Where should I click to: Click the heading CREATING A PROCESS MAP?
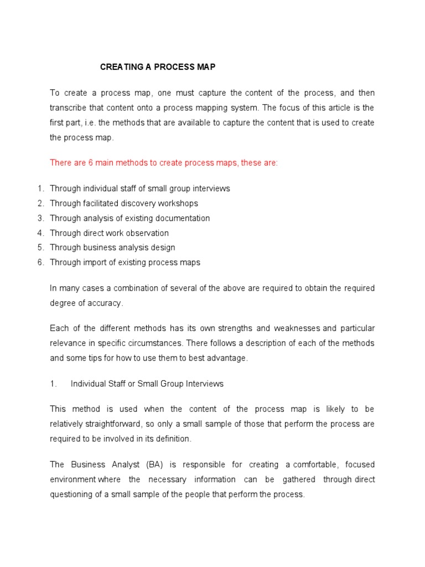coord(157,67)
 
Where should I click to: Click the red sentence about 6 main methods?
coord(164,163)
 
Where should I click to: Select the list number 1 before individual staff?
coord(40,189)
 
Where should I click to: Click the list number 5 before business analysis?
coord(40,248)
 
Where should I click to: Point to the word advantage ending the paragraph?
coord(226,358)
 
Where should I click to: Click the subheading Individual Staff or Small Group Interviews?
coord(147,384)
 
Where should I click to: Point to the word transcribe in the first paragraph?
coord(69,108)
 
